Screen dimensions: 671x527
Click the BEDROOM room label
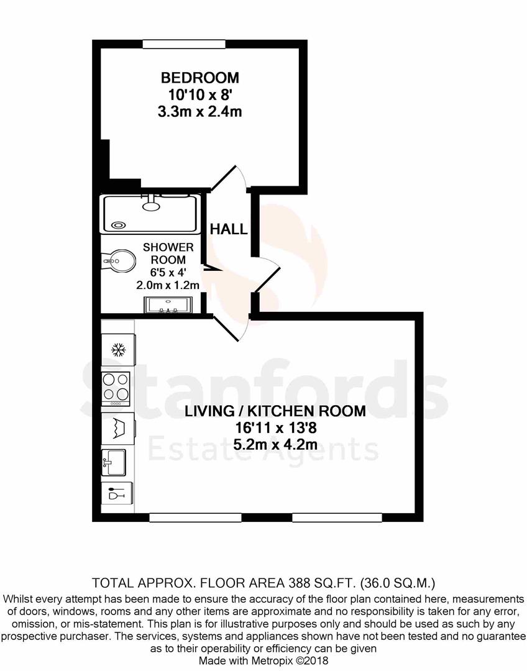tap(200, 78)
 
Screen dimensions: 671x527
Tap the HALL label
tap(228, 229)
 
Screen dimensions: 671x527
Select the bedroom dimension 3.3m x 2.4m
tap(200, 112)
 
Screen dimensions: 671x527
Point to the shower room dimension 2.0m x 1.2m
tap(168, 286)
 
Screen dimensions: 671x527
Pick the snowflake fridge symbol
tap(116, 349)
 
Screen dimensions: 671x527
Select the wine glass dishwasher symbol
tap(116, 495)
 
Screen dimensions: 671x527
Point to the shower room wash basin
tap(168, 304)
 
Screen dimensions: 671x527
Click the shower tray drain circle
tap(117, 226)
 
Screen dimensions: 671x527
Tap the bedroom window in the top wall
tap(183, 43)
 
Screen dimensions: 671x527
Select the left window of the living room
tap(195, 517)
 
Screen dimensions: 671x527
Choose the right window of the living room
tap(337, 517)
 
